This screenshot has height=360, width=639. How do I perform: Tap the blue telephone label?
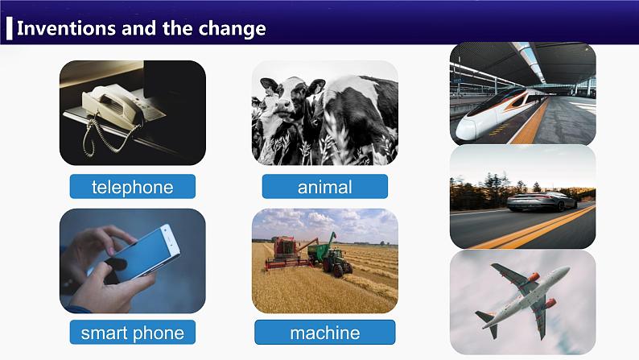pyautogui.click(x=132, y=188)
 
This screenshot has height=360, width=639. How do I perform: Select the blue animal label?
pyautogui.click(x=324, y=188)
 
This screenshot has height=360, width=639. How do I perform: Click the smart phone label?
pyautogui.click(x=132, y=332)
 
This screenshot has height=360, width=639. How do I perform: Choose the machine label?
pyautogui.click(x=324, y=332)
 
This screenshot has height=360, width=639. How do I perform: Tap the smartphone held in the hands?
pyautogui.click(x=133, y=250)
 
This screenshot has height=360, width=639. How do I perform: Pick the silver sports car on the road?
pyautogui.click(x=541, y=201)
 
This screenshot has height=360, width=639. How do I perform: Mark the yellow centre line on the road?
pyautogui.click(x=531, y=229)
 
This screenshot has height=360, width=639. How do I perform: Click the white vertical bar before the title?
pyautogui.click(x=9, y=28)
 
